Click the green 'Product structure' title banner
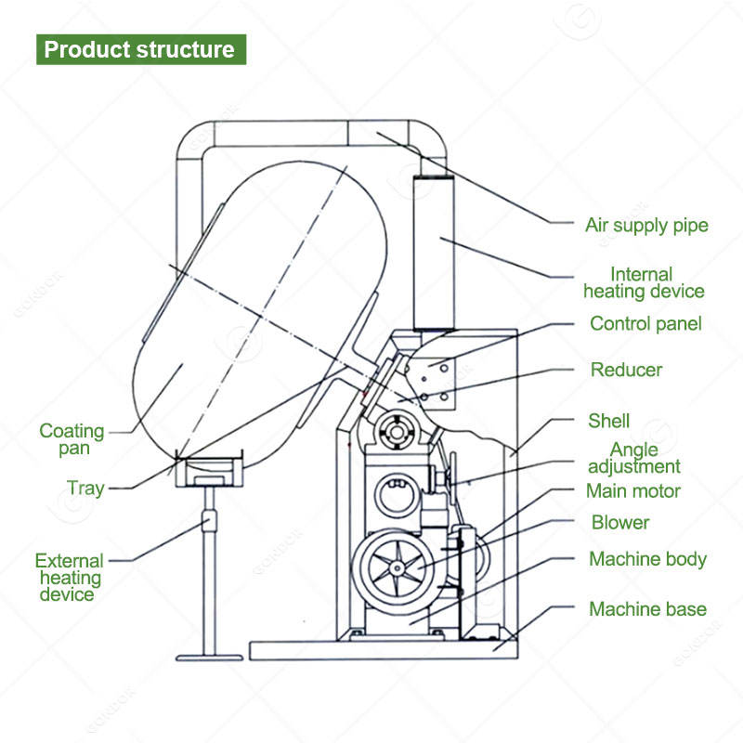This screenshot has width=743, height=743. pyautogui.click(x=141, y=49)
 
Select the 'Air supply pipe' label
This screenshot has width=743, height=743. pyautogui.click(x=646, y=225)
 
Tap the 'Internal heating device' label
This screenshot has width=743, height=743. pyautogui.click(x=644, y=282)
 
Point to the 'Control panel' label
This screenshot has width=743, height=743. pyautogui.click(x=645, y=324)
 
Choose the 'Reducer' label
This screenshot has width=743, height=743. pyautogui.click(x=627, y=370)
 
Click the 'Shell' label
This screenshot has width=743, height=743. pyautogui.click(x=609, y=421)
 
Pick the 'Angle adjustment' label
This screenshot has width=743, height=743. pyautogui.click(x=633, y=458)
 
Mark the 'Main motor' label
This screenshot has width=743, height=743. pyautogui.click(x=633, y=490)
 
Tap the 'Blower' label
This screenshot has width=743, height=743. pyautogui.click(x=620, y=522)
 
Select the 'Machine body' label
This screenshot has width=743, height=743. pyautogui.click(x=647, y=559)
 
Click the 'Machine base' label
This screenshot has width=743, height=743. pyautogui.click(x=647, y=609)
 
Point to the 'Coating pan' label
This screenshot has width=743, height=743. pyautogui.click(x=72, y=439)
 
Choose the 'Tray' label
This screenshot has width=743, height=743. pyautogui.click(x=85, y=488)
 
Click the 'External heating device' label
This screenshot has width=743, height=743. pyautogui.click(x=70, y=577)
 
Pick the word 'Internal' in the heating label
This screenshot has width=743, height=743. pyautogui.click(x=641, y=274)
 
